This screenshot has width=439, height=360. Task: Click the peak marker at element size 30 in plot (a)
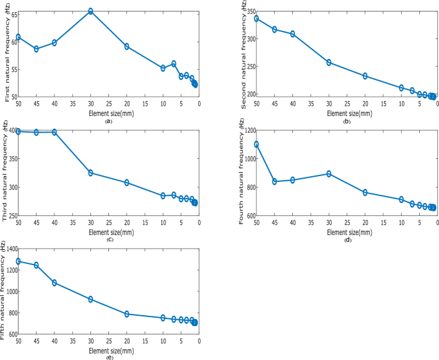(x=91, y=11)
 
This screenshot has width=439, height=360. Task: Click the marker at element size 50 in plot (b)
(x=256, y=19)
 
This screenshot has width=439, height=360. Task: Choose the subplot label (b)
(x=347, y=122)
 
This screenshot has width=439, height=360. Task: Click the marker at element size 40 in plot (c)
(x=54, y=132)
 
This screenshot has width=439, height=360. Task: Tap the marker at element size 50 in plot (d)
(x=256, y=144)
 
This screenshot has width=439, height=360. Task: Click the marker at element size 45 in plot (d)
(x=274, y=181)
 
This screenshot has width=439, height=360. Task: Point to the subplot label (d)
(x=347, y=240)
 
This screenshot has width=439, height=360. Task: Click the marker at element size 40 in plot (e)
(x=54, y=282)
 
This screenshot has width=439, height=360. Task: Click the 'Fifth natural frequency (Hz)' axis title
(x=4, y=292)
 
